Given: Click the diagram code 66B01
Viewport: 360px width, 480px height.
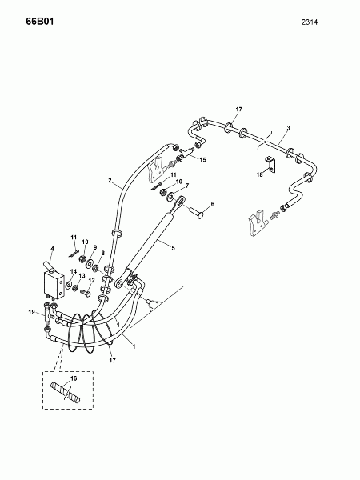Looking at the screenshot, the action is tap(40, 22).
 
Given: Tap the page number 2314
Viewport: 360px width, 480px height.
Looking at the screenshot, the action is tap(310, 22).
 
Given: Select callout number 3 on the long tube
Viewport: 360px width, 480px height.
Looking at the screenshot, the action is tap(288, 128).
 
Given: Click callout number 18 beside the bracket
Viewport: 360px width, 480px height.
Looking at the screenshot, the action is tap(259, 174).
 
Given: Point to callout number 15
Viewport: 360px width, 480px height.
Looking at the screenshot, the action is tap(202, 159).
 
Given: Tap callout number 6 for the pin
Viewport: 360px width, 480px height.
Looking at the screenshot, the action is tap(213, 204).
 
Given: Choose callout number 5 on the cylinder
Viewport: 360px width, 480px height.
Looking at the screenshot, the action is tap(173, 247).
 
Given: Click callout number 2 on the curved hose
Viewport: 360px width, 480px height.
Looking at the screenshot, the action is tap(110, 180).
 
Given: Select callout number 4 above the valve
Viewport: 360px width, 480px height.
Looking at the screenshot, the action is tap(52, 249).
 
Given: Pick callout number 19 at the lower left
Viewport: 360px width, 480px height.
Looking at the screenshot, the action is tap(31, 313).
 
